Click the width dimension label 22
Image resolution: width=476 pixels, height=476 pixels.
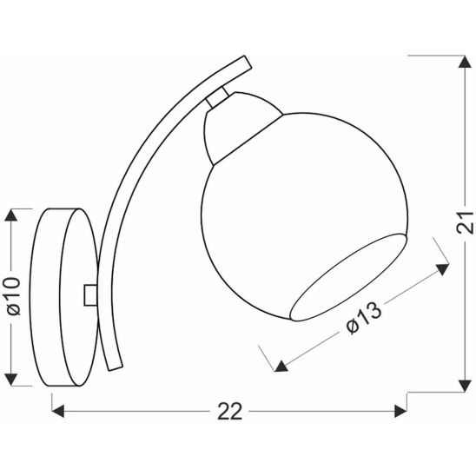230,412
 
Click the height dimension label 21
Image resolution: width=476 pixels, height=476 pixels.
465,222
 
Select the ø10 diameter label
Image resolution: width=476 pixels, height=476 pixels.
14,296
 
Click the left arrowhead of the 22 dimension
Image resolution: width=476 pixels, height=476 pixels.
58,412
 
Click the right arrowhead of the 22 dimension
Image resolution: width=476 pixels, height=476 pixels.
400,412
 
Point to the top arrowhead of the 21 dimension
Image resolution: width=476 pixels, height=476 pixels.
465,62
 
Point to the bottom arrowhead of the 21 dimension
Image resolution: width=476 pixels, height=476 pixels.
465,386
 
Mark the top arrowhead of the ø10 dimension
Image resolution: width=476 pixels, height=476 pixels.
11,215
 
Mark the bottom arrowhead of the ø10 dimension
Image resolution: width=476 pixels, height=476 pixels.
11,380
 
